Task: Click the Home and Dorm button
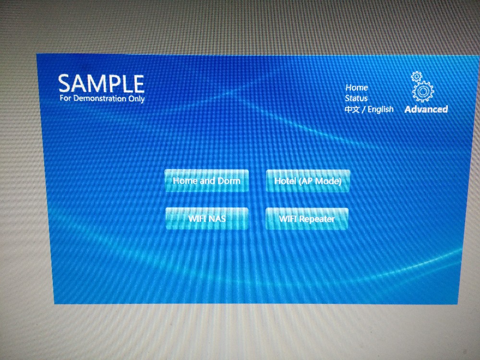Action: [x=206, y=180]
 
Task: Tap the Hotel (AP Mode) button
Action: [x=308, y=181]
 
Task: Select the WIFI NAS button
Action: [x=206, y=218]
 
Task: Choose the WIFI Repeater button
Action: [x=307, y=219]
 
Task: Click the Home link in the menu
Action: [x=357, y=87]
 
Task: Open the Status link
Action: [x=356, y=98]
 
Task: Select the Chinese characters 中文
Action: [x=352, y=109]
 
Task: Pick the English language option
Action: [x=381, y=109]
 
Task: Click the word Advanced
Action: [x=426, y=109]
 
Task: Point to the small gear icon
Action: [x=416, y=76]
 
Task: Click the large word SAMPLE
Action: [x=101, y=84]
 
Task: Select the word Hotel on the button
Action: [x=285, y=181]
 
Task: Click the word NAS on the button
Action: [x=217, y=218]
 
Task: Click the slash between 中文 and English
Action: [x=364, y=109]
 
